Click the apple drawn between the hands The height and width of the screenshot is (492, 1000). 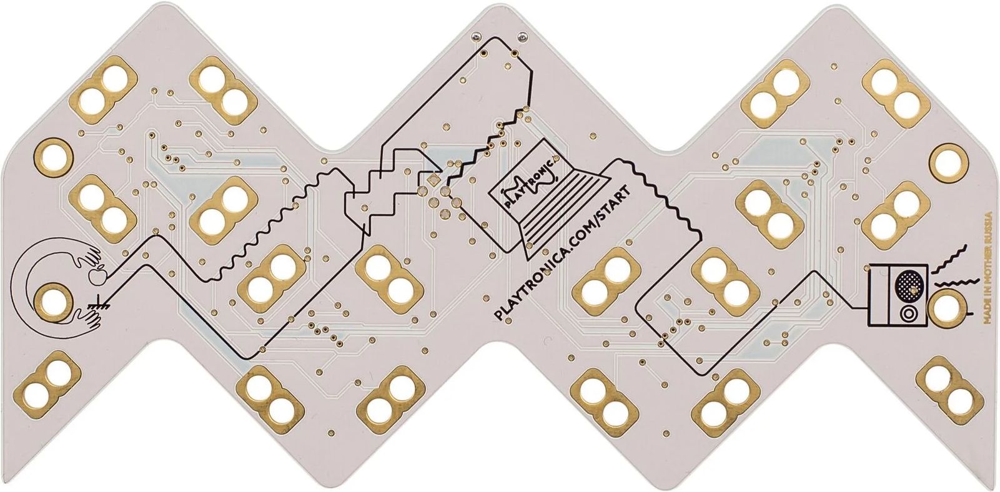point(97,277)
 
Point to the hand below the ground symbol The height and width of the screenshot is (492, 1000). point(91,321)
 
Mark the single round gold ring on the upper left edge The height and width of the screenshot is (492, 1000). point(53,154)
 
